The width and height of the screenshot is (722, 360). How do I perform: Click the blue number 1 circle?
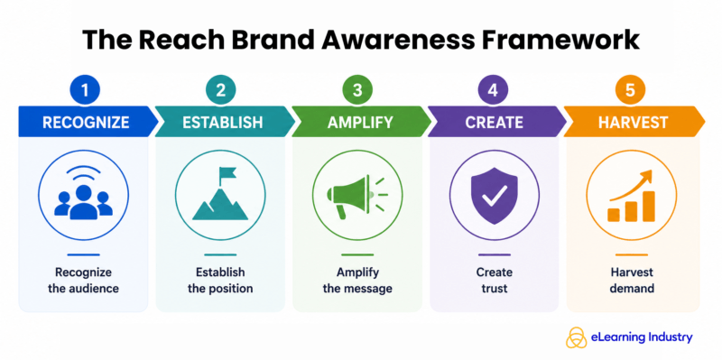tap(84, 89)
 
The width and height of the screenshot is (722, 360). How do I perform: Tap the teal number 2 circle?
tap(220, 89)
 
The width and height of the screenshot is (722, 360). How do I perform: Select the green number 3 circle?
tap(357, 89)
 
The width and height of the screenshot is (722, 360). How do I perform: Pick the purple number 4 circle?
tap(493, 89)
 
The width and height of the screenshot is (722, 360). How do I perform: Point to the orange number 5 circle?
tap(630, 89)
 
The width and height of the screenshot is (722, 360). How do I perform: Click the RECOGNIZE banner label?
tap(86, 123)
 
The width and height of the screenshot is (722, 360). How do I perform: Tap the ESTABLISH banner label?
tap(222, 123)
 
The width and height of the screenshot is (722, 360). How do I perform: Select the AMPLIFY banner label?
tap(360, 123)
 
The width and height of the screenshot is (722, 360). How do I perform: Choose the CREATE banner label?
tap(494, 123)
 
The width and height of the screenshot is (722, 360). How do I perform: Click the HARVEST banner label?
tap(633, 123)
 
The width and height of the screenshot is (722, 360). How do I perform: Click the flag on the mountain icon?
tap(227, 173)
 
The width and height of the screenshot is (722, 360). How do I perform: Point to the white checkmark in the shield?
tap(495, 195)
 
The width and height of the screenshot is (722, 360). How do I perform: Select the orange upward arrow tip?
tap(649, 173)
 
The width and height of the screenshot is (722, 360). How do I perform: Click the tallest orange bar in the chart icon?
tap(648, 206)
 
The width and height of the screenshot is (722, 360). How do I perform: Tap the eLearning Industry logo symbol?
tap(576, 337)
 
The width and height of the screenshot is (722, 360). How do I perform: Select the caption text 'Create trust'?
tap(494, 281)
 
